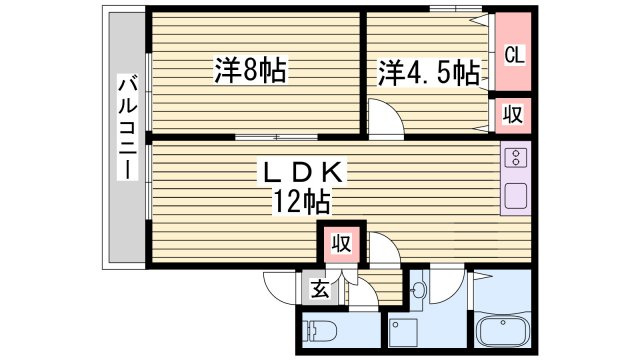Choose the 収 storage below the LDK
pos(340,244)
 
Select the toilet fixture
pos(319,330)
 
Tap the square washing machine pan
pos(404,331)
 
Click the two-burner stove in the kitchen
pos(517,158)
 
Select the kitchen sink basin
pos(517,194)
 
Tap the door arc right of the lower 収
pos(384,249)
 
